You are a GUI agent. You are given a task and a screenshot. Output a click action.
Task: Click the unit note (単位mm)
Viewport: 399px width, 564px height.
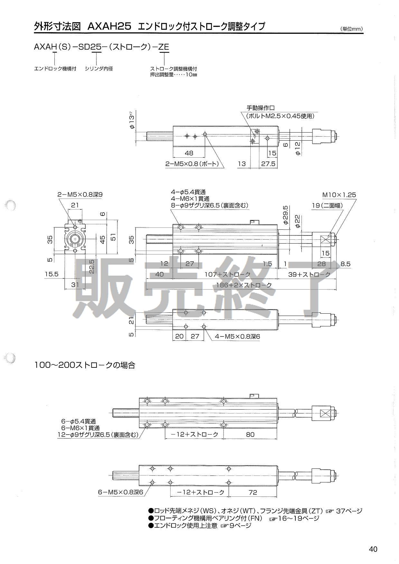(351, 29)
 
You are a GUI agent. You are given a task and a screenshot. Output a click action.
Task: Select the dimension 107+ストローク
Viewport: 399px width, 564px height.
(227, 274)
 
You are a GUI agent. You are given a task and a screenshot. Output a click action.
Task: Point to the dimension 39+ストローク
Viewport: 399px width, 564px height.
(309, 274)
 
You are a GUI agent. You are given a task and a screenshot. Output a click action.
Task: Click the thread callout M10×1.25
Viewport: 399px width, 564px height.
(339, 195)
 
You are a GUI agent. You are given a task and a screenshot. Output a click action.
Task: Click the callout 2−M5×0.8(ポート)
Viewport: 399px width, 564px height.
(192, 164)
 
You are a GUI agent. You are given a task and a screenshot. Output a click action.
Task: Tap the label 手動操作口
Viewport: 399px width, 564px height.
(260, 108)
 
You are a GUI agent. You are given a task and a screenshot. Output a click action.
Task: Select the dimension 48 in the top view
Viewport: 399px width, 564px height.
(189, 153)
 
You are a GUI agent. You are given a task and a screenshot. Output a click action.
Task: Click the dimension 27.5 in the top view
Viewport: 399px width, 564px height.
(268, 164)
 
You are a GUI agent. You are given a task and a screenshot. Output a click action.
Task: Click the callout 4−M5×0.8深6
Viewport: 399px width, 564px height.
(237, 337)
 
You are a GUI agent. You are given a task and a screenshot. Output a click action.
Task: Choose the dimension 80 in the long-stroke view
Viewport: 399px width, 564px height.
(250, 434)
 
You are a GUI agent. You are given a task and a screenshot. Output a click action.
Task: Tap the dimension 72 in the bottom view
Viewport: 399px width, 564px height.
(253, 492)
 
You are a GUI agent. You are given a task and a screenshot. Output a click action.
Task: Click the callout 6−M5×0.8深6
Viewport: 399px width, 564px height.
(120, 492)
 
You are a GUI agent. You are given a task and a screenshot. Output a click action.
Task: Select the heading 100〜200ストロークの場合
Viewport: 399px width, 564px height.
(85, 365)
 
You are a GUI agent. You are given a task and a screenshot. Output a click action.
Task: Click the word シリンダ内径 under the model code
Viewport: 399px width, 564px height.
(99, 69)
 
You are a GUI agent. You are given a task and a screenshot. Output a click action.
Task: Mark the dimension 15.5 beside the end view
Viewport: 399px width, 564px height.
(51, 274)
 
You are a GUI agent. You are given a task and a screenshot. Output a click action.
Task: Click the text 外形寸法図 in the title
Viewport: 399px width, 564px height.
(57, 26)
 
